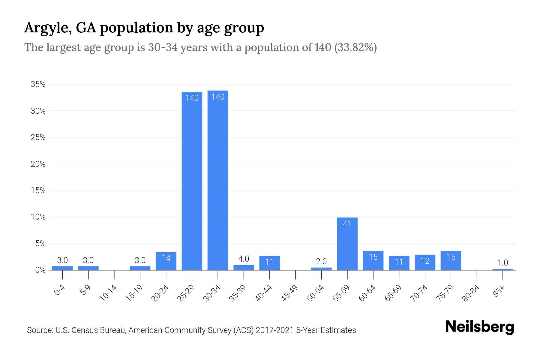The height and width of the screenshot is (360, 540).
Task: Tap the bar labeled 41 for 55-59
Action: tap(347, 244)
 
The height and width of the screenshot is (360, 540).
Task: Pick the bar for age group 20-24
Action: tap(166, 261)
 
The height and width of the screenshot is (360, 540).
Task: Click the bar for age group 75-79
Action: tap(451, 260)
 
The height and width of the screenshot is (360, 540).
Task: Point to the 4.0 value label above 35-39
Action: tap(244, 259)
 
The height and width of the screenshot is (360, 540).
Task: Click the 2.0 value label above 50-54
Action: tap(321, 261)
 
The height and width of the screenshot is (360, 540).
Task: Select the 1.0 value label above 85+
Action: tap(502, 263)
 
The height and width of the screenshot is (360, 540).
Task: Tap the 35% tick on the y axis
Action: tap(38, 84)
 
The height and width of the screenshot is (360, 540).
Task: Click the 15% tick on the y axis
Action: tap(38, 190)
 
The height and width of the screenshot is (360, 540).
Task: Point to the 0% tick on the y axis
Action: tap(40, 270)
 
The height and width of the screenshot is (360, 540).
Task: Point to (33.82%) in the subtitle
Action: tap(355, 47)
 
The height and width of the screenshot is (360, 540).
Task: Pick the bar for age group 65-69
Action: tap(399, 263)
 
